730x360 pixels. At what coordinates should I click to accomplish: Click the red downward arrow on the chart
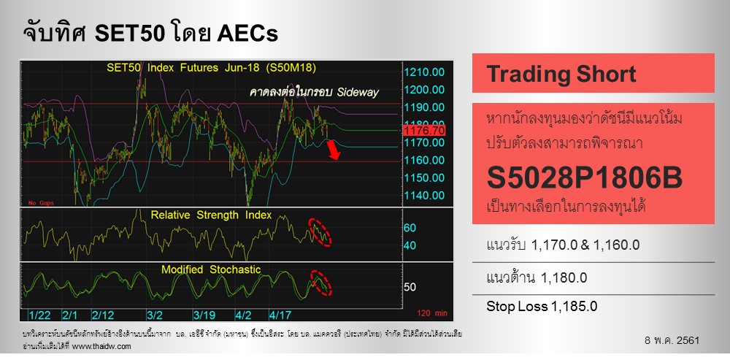click(334, 150)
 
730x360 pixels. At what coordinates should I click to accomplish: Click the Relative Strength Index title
click(211, 215)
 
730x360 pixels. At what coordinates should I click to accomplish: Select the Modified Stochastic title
click(211, 269)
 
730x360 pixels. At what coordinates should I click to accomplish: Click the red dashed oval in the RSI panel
click(319, 231)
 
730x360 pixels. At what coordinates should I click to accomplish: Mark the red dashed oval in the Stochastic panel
click(318, 282)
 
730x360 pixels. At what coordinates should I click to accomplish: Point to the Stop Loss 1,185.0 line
click(542, 306)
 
